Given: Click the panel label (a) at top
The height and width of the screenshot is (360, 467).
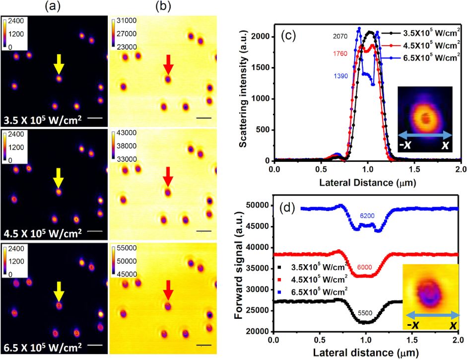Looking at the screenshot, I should coord(53,7).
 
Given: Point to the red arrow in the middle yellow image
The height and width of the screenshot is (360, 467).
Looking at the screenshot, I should coord(168,177).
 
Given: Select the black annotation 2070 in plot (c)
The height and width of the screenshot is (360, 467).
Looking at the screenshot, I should coord(341,36).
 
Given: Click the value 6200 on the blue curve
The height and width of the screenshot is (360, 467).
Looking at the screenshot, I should coord(368,216).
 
